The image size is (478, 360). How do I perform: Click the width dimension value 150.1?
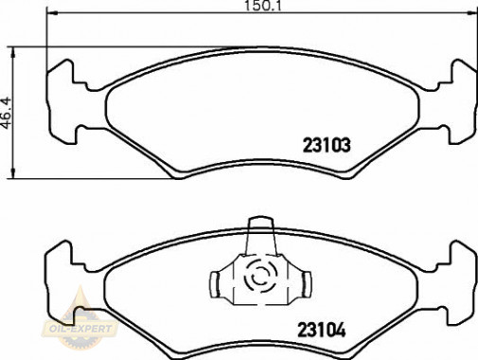click(x=263, y=6)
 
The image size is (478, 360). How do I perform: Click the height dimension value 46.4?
click(x=7, y=113)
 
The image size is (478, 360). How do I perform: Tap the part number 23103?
click(x=327, y=146)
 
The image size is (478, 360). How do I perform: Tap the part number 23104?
click(x=322, y=331)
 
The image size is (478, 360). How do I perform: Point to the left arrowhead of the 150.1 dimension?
click(x=52, y=13)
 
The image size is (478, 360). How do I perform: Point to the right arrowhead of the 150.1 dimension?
click(x=472, y=13)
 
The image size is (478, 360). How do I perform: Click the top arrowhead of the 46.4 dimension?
click(x=12, y=53)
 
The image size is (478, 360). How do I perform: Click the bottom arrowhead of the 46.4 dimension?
click(x=12, y=172)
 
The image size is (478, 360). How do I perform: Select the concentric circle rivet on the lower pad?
click(x=260, y=274)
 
